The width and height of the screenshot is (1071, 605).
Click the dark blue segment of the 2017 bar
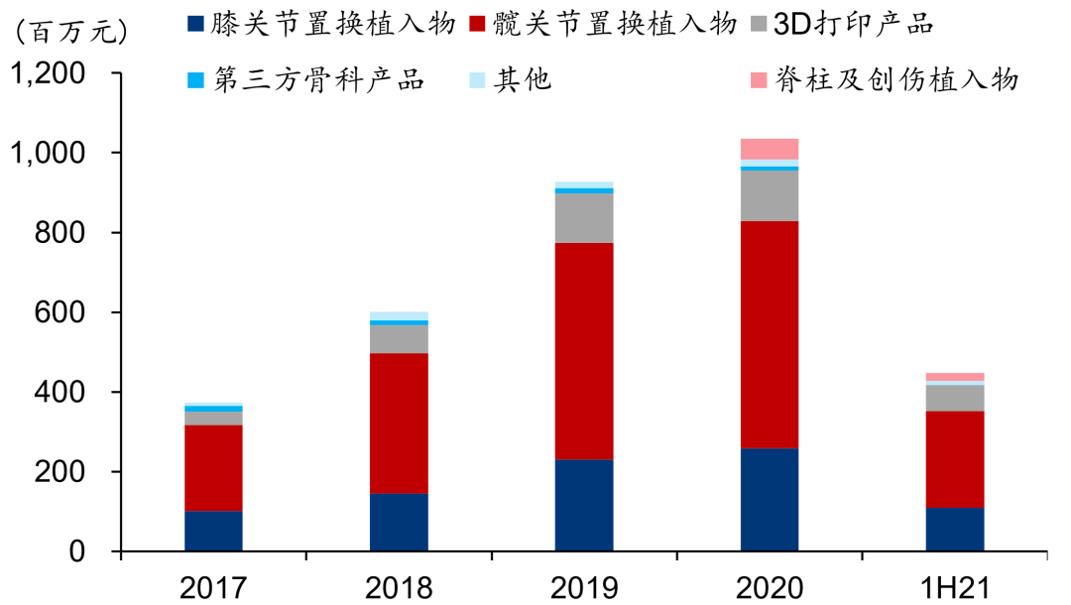[x=213, y=531]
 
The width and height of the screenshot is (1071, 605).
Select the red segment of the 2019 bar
[x=584, y=351]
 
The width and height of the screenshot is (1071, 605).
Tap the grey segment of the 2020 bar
[x=770, y=195]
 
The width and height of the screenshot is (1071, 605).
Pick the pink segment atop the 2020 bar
[x=770, y=149]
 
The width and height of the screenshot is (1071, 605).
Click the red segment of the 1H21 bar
[x=955, y=459]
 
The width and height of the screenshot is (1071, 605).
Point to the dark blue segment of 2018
[x=399, y=522]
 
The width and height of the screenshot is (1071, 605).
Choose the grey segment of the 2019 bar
[x=584, y=218]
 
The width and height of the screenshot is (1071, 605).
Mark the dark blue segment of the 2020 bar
[x=770, y=499]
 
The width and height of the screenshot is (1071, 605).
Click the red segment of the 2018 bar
[x=399, y=423]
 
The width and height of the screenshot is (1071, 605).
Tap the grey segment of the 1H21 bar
[x=955, y=398]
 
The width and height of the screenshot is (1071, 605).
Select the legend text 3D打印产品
[x=853, y=24]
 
